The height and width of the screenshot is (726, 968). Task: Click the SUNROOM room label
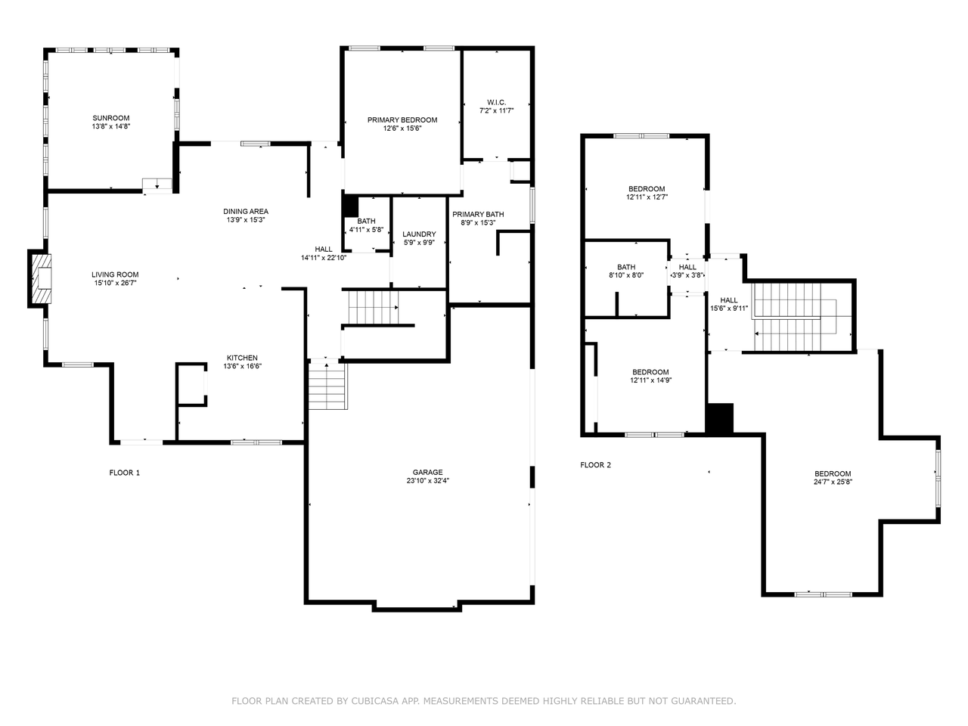point(111,118)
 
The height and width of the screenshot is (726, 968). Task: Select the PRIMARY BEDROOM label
point(402,120)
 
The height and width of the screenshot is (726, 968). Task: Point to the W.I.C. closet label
point(496,102)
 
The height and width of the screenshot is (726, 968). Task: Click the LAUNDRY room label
point(418,234)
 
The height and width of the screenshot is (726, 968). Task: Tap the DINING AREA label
point(246,212)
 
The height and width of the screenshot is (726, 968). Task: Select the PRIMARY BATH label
point(478,214)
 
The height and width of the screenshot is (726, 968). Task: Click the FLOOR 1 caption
point(125,473)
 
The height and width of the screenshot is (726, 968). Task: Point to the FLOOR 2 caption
point(595,464)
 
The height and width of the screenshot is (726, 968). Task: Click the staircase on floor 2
point(794,318)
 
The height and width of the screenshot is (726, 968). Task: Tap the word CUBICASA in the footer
point(376,701)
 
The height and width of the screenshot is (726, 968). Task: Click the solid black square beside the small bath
point(350,206)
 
